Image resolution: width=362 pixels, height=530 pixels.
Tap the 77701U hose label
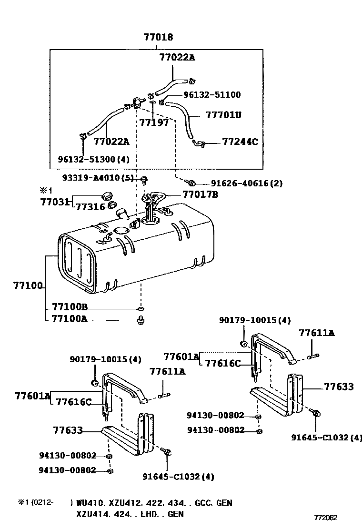pyautogui.click(x=223, y=115)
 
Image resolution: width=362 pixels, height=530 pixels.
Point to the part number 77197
pyautogui.click(x=154, y=123)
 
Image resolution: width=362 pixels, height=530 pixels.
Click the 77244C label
pyautogui.click(x=240, y=142)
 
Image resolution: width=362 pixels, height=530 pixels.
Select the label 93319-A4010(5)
pyautogui.click(x=98, y=178)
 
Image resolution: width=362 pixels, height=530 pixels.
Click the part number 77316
pyautogui.click(x=90, y=207)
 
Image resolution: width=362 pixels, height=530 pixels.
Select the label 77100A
pyautogui.click(x=70, y=319)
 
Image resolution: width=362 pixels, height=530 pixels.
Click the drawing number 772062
pyautogui.click(x=325, y=517)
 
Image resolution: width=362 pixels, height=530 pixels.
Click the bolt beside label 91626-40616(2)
pyautogui.click(x=191, y=183)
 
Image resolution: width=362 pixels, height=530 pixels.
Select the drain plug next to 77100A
pyautogui.click(x=141, y=320)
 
